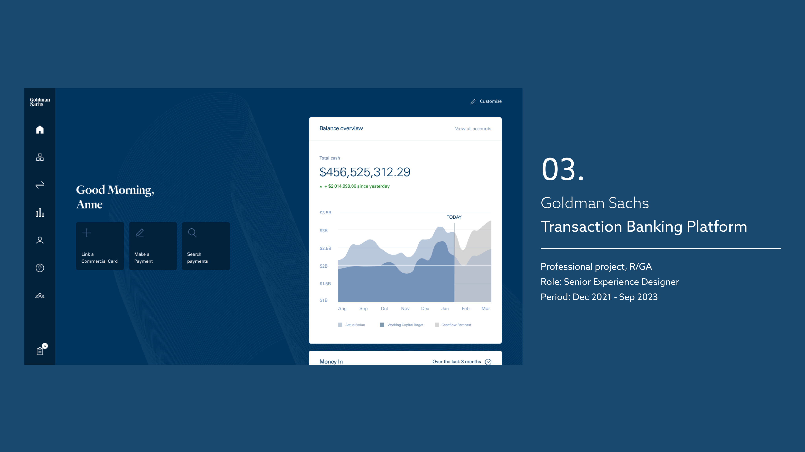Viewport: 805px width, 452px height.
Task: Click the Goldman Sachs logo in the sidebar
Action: (40, 102)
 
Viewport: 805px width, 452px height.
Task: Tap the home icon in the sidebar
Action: (40, 129)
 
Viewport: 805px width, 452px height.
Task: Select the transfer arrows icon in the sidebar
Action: (40, 185)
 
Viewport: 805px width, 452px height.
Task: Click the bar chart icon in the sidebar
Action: (40, 213)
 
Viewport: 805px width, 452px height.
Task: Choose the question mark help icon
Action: (40, 268)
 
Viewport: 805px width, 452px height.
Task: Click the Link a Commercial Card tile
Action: (100, 246)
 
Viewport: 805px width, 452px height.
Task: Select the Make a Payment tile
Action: (153, 246)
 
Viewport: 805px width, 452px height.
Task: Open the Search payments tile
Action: (206, 246)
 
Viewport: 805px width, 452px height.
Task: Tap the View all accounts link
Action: (473, 128)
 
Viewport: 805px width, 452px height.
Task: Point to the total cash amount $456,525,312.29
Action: (365, 172)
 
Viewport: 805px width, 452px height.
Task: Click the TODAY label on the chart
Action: (454, 217)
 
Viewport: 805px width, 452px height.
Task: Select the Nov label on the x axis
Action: (405, 308)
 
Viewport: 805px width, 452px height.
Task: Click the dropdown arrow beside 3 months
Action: (488, 362)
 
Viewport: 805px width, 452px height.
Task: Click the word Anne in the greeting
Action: (89, 204)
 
